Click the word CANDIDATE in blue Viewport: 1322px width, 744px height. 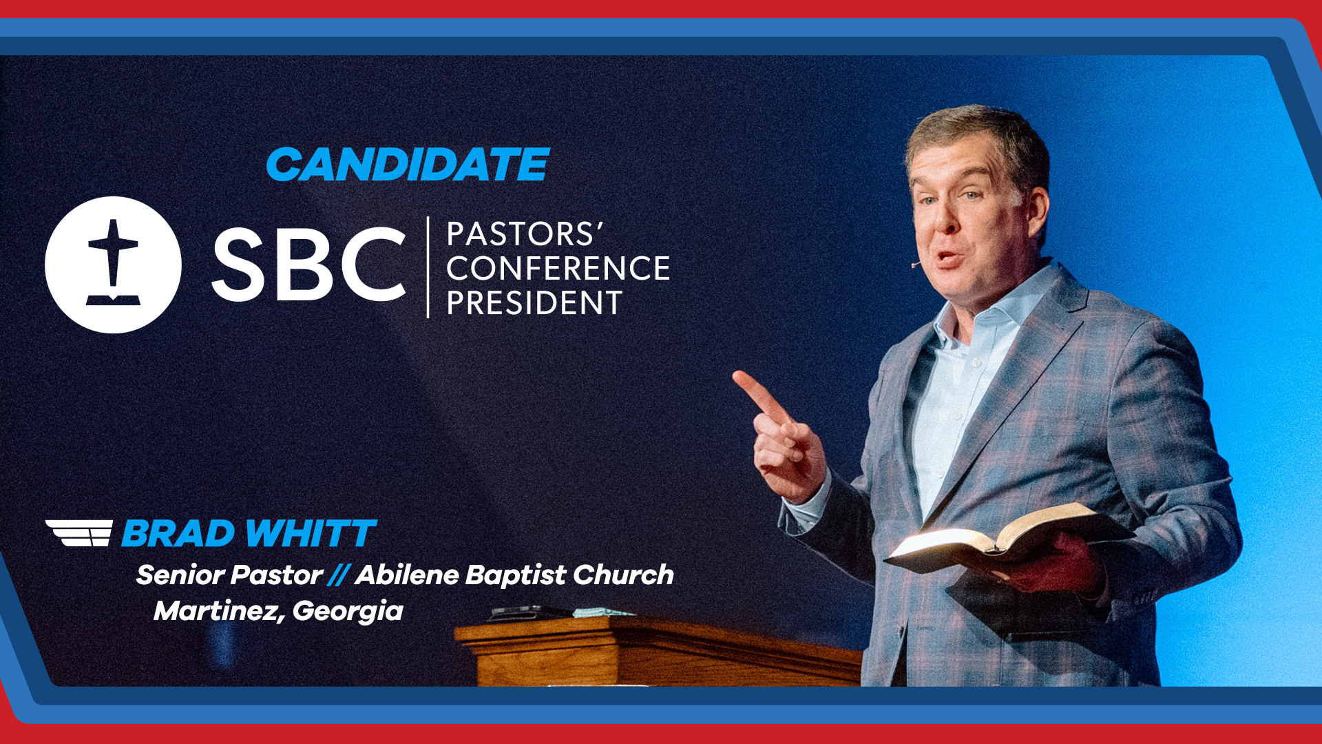click(x=408, y=165)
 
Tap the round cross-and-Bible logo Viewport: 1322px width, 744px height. click(x=113, y=265)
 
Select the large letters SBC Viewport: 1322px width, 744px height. click(x=308, y=265)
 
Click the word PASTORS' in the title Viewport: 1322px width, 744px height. click(x=525, y=234)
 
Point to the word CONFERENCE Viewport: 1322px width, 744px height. click(x=558, y=269)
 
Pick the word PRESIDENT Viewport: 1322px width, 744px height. click(x=535, y=303)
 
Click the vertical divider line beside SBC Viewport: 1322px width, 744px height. click(x=428, y=267)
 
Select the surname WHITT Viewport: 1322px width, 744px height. click(x=311, y=534)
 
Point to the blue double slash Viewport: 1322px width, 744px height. click(x=338, y=575)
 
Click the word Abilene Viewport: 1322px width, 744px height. click(x=407, y=575)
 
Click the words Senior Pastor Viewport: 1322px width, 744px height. click(x=229, y=575)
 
